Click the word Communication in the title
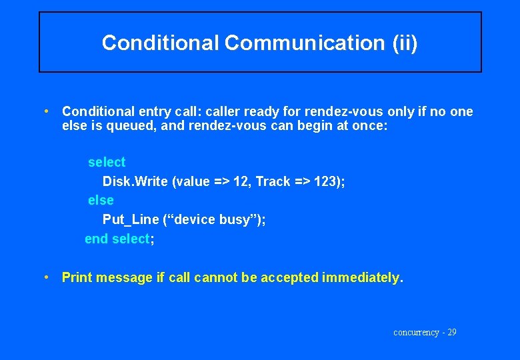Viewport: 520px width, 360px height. click(x=304, y=43)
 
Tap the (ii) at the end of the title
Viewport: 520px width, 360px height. click(x=404, y=43)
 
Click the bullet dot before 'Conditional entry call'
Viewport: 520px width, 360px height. click(x=45, y=111)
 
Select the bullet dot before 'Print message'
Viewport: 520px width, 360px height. click(x=45, y=277)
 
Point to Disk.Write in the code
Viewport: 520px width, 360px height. click(x=135, y=181)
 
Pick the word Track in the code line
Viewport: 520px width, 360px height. click(x=273, y=181)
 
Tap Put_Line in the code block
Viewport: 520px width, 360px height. click(x=131, y=219)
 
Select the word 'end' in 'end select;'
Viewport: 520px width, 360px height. click(x=96, y=239)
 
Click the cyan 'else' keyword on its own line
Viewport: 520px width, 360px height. click(x=101, y=200)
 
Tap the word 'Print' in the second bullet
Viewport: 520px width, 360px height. click(x=77, y=277)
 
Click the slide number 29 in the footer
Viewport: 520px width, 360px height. click(x=451, y=332)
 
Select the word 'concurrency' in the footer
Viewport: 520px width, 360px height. click(x=416, y=332)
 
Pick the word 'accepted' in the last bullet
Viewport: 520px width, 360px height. click(x=289, y=277)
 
